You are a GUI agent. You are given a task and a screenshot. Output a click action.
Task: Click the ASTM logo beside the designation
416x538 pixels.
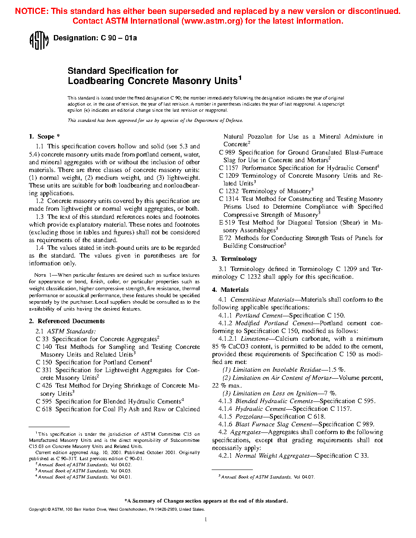[x=39, y=40]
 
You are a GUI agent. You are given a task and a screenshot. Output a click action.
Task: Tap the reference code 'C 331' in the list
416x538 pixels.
[x=44, y=370]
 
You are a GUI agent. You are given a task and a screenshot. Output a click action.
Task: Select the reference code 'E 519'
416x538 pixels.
[x=226, y=223]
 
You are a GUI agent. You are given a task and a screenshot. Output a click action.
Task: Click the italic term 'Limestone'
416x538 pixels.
[x=254, y=339]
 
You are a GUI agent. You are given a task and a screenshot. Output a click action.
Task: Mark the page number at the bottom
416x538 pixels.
[x=206, y=519]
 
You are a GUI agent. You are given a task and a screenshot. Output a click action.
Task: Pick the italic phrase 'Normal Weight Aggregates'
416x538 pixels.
[x=272, y=456]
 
